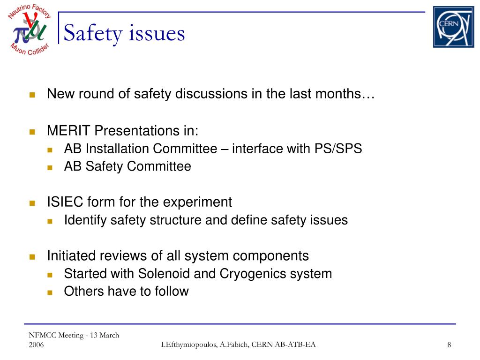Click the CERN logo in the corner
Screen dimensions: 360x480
[453, 27]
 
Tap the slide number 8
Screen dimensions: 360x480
[449, 345]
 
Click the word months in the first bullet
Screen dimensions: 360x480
[337, 94]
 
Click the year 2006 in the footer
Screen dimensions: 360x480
[36, 345]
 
